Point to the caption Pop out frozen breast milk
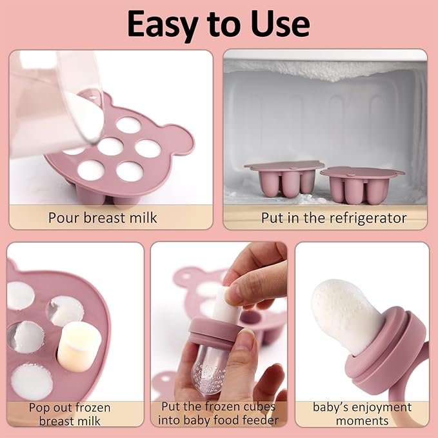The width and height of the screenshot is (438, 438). (70, 414)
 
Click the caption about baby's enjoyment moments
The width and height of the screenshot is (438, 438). (361, 413)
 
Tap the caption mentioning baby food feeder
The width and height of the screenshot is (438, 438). (219, 413)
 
